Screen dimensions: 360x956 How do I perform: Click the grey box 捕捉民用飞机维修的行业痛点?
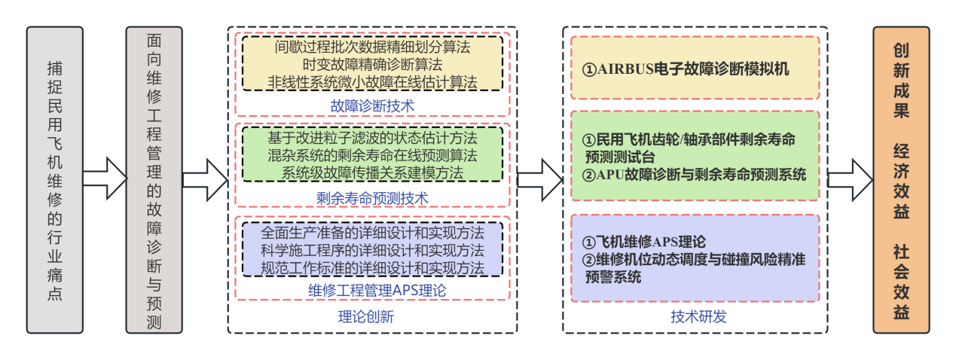point(54,181)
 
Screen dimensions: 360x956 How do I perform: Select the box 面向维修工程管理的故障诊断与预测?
point(154,181)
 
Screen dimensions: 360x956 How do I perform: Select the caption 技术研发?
point(698,317)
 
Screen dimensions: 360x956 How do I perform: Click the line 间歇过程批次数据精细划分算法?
point(372,47)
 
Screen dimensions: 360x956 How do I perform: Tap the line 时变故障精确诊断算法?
point(372,65)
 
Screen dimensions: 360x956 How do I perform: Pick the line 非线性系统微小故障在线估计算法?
point(372,81)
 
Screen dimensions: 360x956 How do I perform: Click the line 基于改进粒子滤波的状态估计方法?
point(372,139)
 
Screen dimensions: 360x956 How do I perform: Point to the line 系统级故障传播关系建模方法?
point(372,172)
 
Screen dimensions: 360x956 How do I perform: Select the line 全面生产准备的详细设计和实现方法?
point(372,233)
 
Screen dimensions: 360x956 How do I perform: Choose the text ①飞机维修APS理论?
point(645,243)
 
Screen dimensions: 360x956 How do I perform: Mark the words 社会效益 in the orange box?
point(901,279)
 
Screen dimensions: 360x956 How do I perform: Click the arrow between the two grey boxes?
point(104,178)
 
